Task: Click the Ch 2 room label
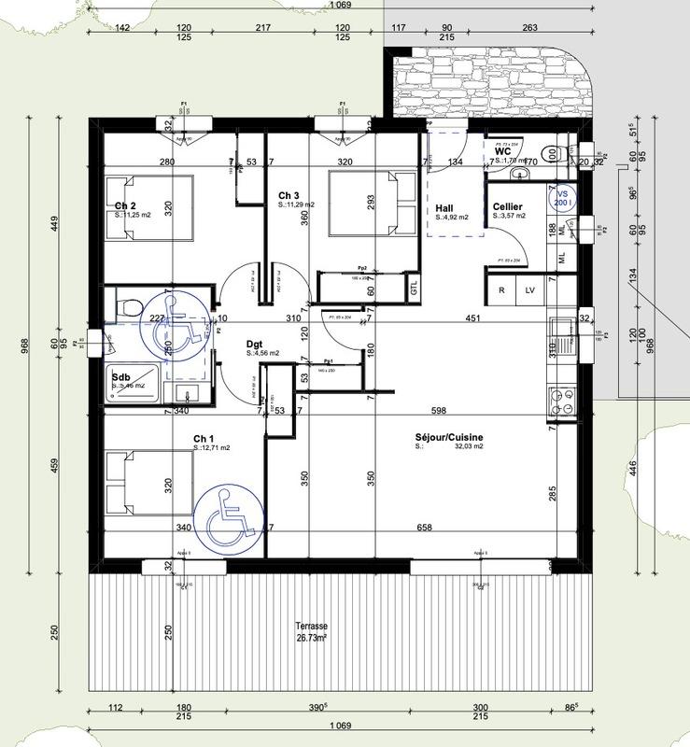coord(125,205)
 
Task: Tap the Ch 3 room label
coord(289,195)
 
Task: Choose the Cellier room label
coord(507,206)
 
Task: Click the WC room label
coord(502,150)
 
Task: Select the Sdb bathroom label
coord(120,377)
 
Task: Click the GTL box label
coord(415,290)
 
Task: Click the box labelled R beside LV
coord(501,290)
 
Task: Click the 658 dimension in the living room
coord(424,528)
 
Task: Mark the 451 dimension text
coord(473,318)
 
